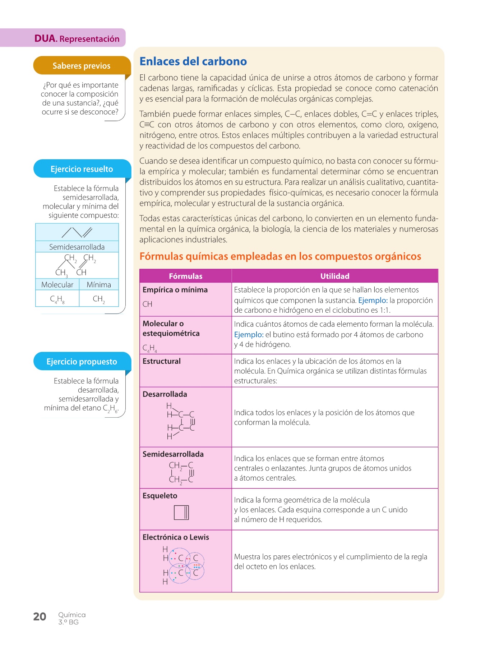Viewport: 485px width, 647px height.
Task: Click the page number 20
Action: [40, 617]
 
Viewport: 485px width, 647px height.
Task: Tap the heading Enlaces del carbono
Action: [193, 61]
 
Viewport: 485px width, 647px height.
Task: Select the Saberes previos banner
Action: [82, 66]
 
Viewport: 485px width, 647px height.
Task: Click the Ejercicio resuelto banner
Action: [82, 169]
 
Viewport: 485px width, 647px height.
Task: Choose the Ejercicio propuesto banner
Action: [82, 362]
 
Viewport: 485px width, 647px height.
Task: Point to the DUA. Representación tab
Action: [77, 38]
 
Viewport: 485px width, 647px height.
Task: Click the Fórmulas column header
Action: [185, 276]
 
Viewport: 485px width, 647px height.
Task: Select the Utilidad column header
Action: [334, 276]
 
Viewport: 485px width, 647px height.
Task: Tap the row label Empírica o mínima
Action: [175, 290]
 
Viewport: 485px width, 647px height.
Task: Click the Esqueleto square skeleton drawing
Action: [181, 513]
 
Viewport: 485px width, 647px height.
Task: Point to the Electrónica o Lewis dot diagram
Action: [183, 565]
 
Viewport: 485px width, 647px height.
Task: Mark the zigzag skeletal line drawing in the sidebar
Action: [77, 233]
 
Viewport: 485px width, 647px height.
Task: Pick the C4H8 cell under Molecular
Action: [57, 299]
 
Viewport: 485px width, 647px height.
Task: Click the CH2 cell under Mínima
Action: [99, 299]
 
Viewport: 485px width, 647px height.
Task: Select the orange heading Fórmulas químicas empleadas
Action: [280, 256]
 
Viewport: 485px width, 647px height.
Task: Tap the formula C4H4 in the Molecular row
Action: [149, 348]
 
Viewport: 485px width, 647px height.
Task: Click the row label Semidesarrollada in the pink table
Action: [173, 454]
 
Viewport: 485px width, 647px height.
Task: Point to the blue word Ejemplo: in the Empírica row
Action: [373, 300]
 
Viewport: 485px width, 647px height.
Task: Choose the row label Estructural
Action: [161, 361]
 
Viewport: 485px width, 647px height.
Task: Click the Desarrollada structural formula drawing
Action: [181, 421]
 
